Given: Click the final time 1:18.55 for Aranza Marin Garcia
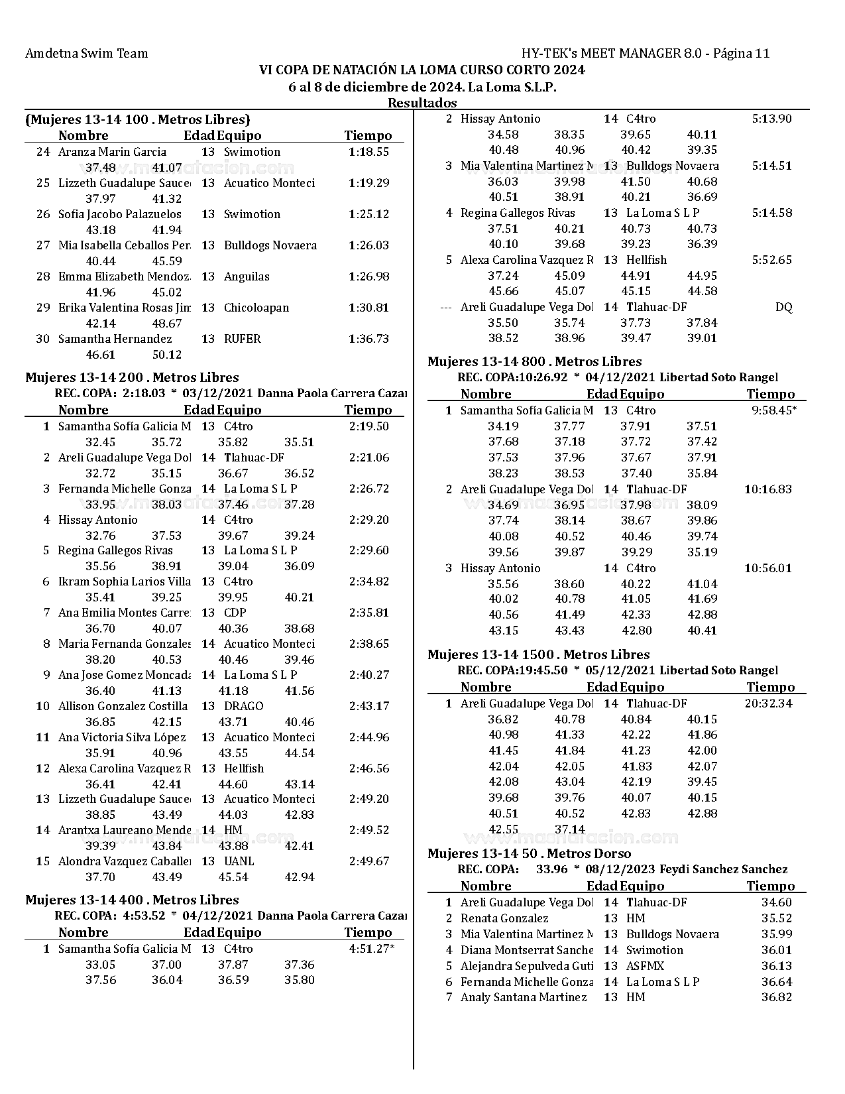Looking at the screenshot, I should (x=368, y=152).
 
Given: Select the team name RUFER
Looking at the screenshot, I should (x=242, y=339).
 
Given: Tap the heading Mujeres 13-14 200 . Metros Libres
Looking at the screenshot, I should (x=132, y=378).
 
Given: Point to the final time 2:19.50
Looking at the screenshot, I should (x=368, y=426).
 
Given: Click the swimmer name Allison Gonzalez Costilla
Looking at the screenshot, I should (x=123, y=706).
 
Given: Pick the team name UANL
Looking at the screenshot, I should (x=239, y=861).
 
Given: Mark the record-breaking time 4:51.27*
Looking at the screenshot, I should (x=371, y=949).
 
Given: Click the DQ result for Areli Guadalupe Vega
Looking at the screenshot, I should (x=783, y=307).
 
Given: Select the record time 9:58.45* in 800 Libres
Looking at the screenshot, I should (x=773, y=410).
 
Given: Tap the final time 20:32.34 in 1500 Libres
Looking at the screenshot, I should (x=768, y=703).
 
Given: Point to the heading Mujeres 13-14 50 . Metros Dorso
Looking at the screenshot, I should (x=529, y=854).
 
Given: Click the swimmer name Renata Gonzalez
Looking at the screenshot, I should (x=504, y=918).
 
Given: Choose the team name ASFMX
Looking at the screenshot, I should (x=645, y=966).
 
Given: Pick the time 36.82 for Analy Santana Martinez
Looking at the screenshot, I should (x=776, y=997).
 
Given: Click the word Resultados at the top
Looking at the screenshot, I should (x=422, y=103).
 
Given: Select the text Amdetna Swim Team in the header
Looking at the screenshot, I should (x=86, y=54).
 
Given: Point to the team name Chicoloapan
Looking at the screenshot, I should (x=256, y=308).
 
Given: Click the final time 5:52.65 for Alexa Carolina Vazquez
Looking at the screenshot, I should (x=771, y=260).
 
